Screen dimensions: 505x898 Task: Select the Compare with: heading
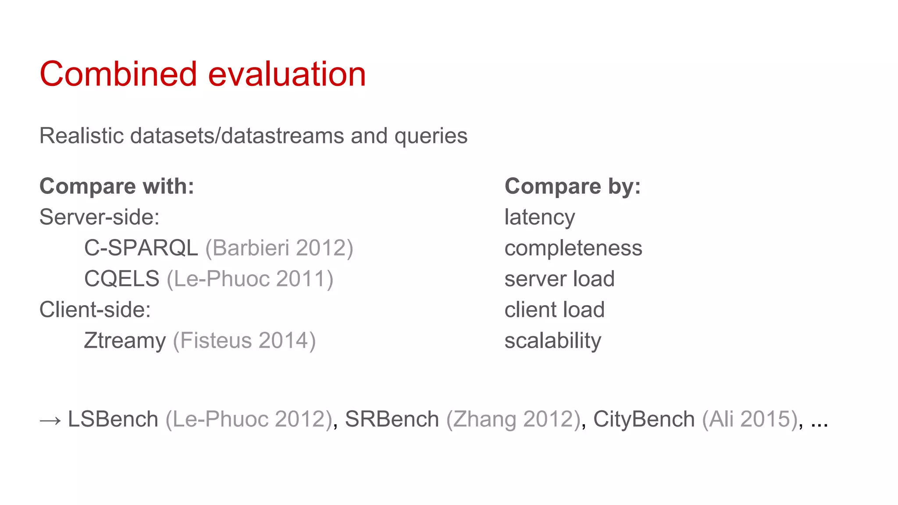click(x=117, y=186)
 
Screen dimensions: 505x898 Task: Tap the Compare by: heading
click(x=573, y=186)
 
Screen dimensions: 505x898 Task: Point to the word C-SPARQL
click(x=141, y=248)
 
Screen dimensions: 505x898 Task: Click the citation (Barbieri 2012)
click(x=279, y=248)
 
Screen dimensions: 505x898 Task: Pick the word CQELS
click(x=121, y=279)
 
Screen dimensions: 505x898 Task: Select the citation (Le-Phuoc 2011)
click(x=250, y=279)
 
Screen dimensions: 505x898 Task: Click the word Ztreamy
click(x=125, y=341)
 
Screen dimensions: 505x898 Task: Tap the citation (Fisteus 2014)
click(x=244, y=341)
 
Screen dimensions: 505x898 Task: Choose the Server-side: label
click(x=100, y=217)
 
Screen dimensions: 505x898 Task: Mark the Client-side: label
click(x=95, y=309)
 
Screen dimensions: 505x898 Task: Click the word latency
click(x=539, y=217)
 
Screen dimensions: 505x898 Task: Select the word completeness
click(x=573, y=248)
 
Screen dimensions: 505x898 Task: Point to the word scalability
click(x=552, y=341)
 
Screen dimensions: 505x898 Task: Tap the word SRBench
click(x=392, y=419)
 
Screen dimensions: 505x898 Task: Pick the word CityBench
click(x=644, y=419)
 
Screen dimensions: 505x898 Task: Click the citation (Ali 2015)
click(x=749, y=419)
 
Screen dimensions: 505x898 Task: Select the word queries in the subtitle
click(x=431, y=136)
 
